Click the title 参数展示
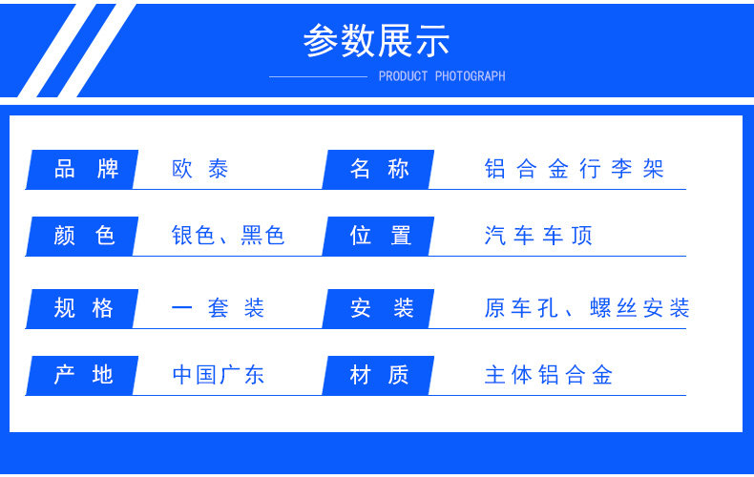376,40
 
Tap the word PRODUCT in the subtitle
403,76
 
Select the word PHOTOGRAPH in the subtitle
471,76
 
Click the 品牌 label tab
82,169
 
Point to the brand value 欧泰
200,169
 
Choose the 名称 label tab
379,169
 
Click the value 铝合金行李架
575,169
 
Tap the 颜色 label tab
82,236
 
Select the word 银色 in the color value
193,236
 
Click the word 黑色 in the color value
262,236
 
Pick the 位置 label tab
379,236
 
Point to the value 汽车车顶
538,236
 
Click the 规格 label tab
82,309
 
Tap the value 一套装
218,308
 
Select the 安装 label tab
379,309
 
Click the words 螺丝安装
640,308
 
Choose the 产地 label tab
82,376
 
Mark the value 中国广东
219,375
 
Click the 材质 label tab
379,376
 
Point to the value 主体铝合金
549,375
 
